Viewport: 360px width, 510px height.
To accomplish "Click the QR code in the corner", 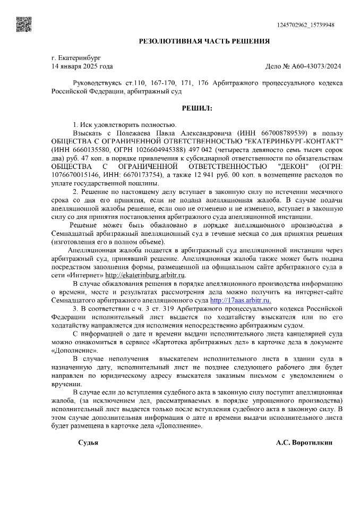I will [22, 23].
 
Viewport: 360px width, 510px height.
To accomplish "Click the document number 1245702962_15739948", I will [305, 25].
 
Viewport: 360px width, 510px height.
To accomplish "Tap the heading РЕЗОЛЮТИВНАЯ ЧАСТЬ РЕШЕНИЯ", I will [204, 41].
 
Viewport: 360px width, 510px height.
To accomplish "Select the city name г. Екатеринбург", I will [76, 57].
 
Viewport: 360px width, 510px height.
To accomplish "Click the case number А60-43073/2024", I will [314, 66].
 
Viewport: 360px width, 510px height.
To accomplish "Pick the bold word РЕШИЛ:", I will [197, 108].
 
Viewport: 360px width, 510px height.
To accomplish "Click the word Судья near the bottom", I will [88, 443].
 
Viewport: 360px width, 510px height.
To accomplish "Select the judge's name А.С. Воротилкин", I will [304, 443].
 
